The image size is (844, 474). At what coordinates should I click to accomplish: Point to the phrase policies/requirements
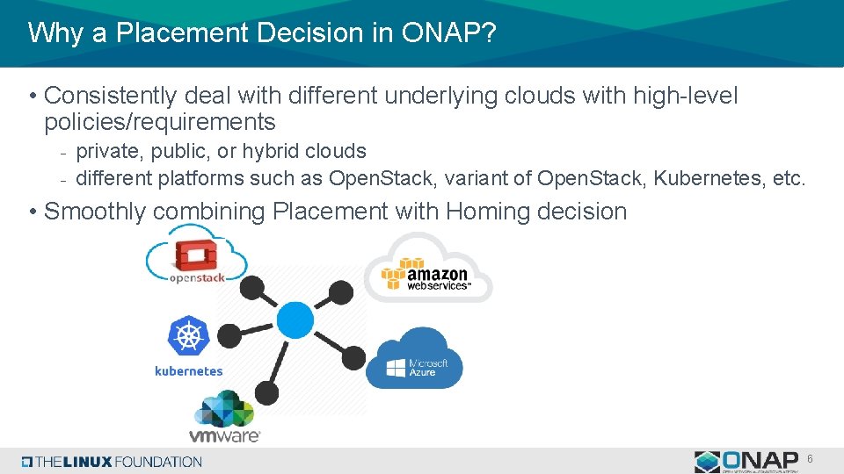coord(159,121)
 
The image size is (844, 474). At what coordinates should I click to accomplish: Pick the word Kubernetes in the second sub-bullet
coord(710,179)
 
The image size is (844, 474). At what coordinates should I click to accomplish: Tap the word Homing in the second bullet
coord(488,212)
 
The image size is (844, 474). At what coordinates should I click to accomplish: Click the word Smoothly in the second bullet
coord(97,212)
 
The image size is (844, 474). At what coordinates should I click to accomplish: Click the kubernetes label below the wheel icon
coord(188,371)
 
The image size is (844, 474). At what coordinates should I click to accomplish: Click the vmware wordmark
coord(224,434)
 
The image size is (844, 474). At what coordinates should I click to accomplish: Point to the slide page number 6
coord(810,458)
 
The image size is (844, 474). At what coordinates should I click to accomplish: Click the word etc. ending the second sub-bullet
coord(789,179)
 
